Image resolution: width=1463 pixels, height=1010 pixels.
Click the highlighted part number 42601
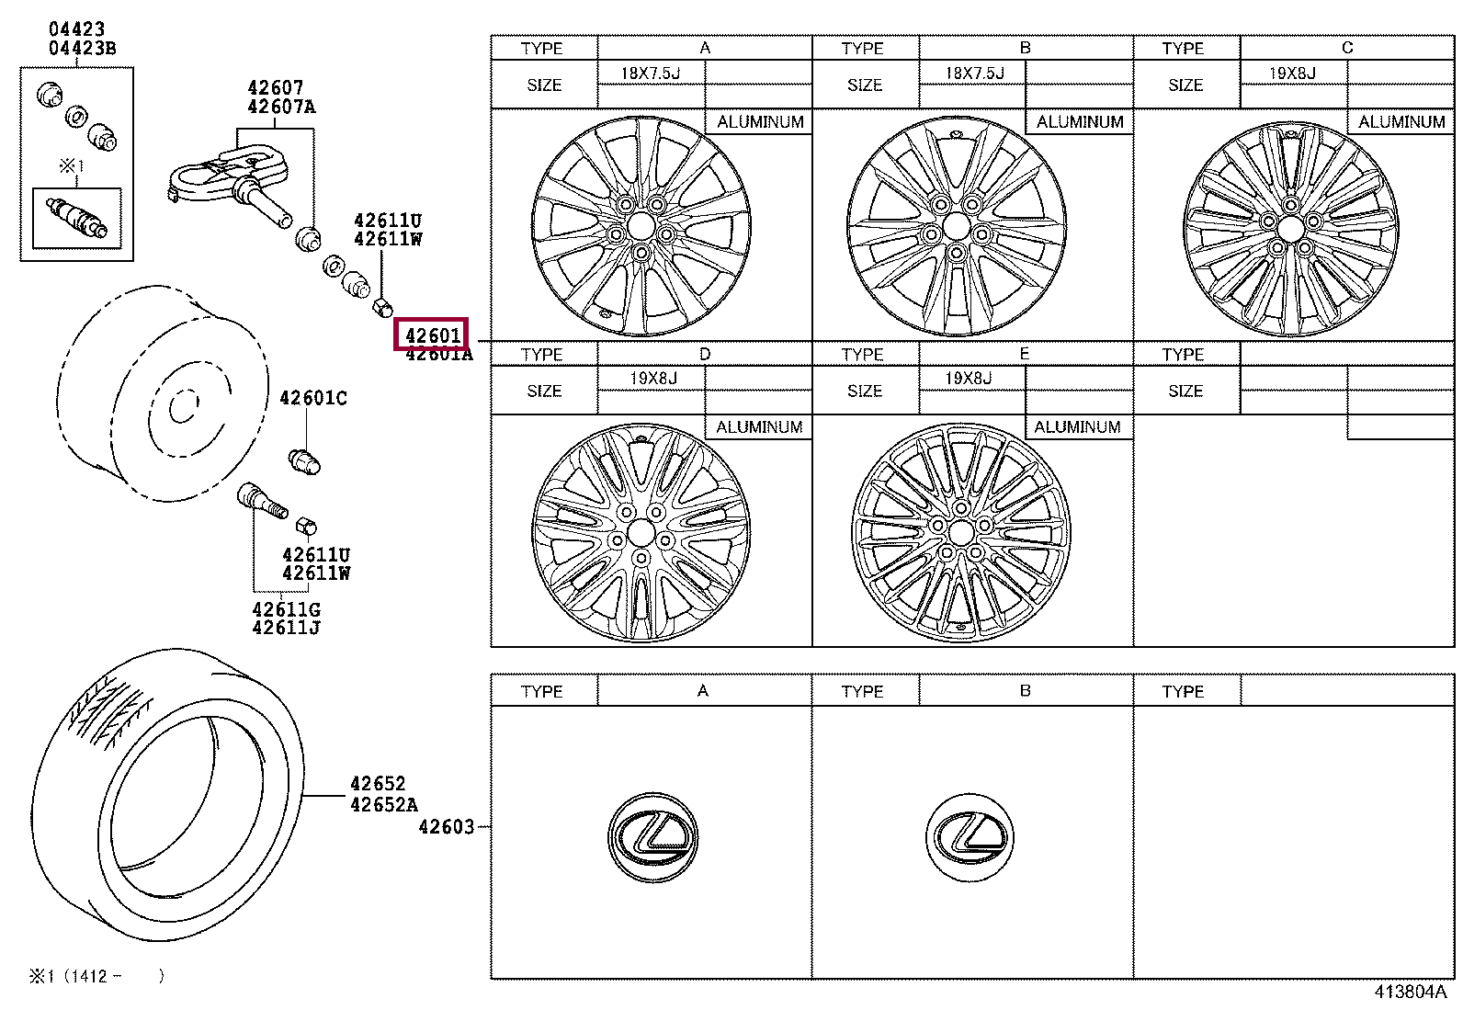(432, 335)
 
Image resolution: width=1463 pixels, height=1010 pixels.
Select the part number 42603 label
(447, 827)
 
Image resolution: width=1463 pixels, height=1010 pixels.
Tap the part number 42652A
(383, 805)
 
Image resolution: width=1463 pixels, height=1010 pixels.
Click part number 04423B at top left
(82, 49)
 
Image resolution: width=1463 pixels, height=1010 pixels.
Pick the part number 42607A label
(280, 107)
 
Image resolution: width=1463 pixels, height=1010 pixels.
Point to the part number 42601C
(313, 398)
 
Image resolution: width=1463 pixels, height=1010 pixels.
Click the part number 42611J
(286, 628)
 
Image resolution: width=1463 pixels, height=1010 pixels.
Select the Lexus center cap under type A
(652, 834)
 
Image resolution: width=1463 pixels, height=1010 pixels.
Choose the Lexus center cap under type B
(969, 834)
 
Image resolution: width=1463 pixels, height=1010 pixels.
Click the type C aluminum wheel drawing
(1290, 227)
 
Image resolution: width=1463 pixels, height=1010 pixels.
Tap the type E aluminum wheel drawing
(961, 531)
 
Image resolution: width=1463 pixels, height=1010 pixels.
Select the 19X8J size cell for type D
(653, 378)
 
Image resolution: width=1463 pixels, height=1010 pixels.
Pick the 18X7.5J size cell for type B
(974, 73)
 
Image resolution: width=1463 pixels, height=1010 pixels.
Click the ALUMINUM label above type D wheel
(759, 427)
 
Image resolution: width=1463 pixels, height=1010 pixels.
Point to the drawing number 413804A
(1410, 992)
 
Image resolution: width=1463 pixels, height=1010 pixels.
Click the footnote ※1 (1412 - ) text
(96, 976)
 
